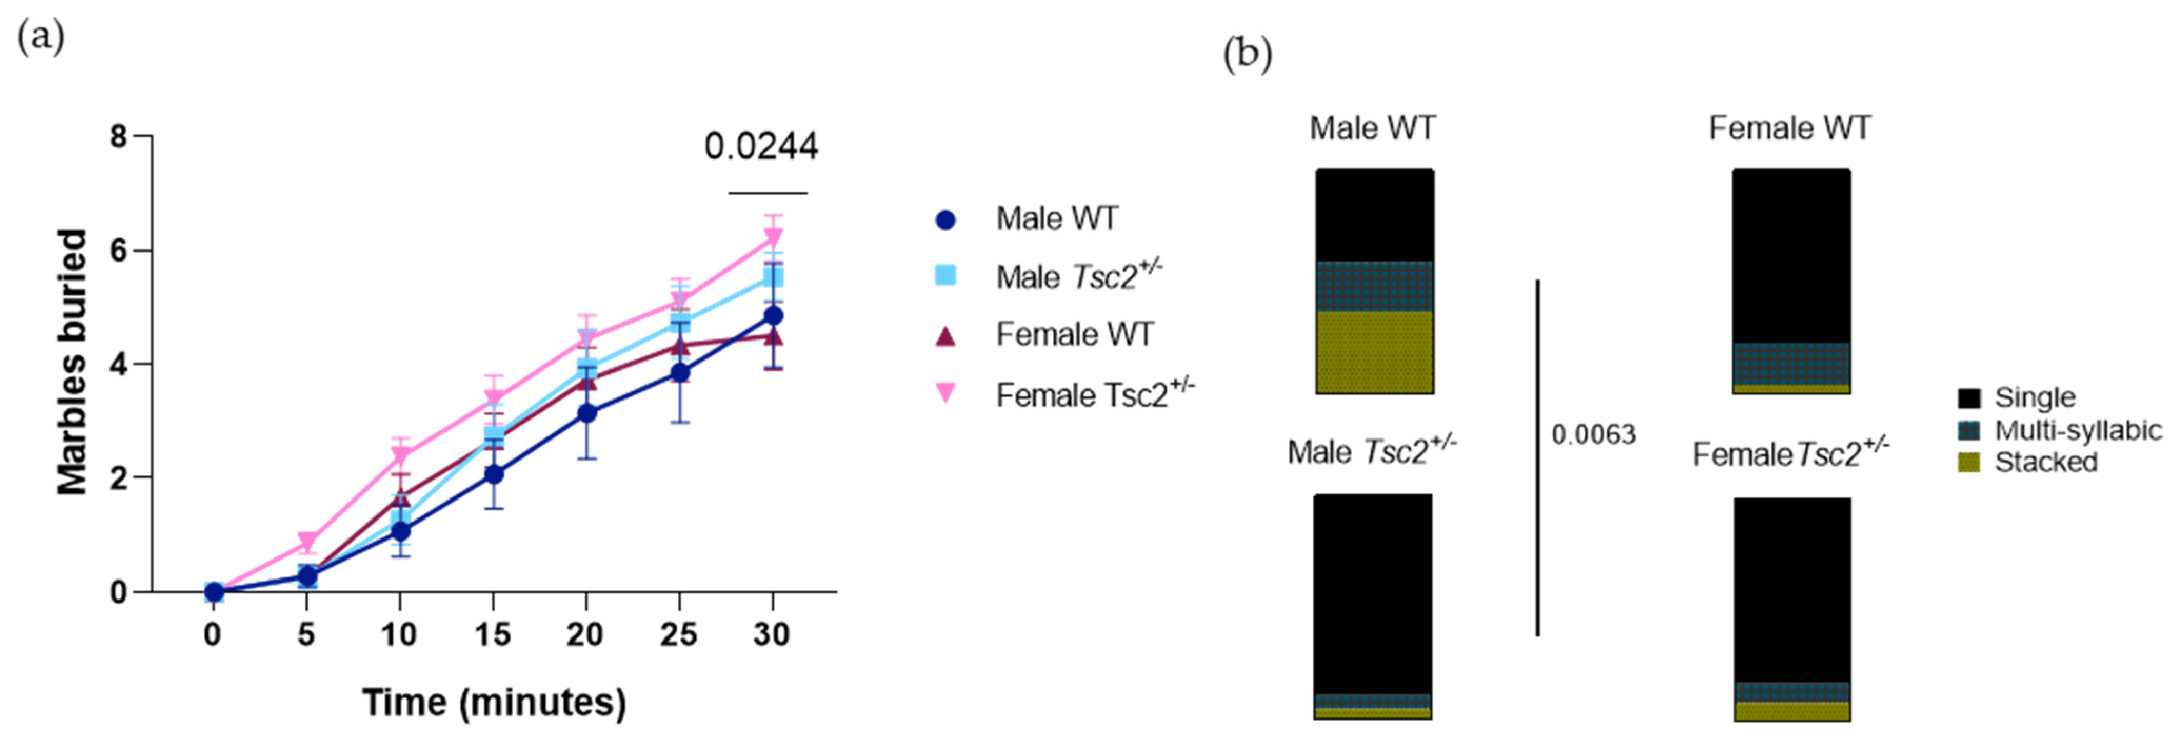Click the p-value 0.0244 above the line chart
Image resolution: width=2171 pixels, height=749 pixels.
point(760,147)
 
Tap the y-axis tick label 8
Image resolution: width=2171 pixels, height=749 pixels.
point(118,136)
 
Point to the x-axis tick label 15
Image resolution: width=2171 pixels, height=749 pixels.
point(492,634)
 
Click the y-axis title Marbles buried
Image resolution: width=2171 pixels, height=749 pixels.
point(73,362)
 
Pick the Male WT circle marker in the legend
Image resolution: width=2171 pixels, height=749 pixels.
point(945,220)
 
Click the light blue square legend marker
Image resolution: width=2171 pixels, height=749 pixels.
point(945,275)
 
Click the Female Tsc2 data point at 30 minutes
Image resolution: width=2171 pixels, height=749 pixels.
point(772,237)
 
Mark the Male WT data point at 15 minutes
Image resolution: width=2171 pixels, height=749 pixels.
point(494,474)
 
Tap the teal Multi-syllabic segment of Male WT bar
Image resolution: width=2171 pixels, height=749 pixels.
point(1375,286)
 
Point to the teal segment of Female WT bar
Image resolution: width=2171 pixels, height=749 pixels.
point(1791,363)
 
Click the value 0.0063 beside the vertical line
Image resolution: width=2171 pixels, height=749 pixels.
point(1593,435)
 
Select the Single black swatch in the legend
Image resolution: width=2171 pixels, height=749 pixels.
point(1969,398)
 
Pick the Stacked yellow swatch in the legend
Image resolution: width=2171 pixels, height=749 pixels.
point(1969,462)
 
